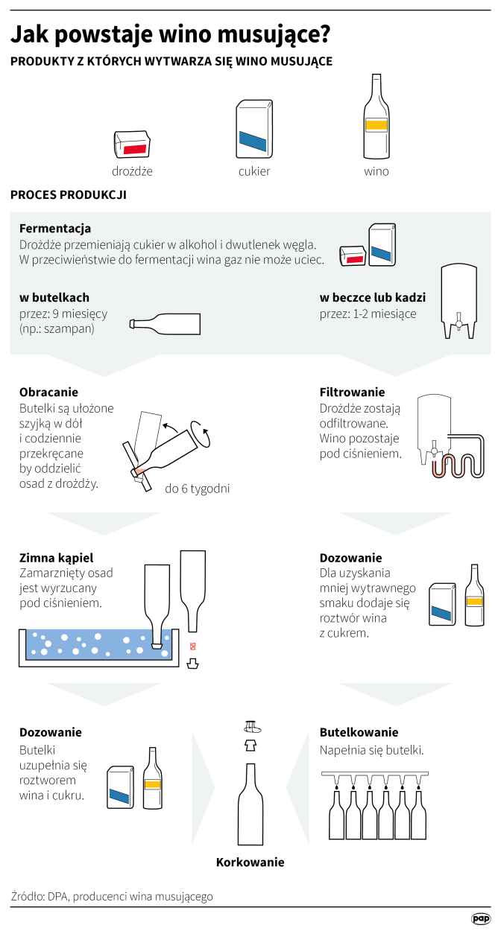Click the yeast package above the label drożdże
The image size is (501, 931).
tap(132, 144)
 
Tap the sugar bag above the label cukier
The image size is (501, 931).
tap(254, 129)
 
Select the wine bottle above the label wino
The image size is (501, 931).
tap(376, 117)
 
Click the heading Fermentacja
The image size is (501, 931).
tap(55, 228)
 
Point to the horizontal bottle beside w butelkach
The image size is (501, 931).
tap(165, 324)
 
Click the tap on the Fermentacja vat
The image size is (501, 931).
tap(459, 322)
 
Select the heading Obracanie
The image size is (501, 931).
tap(48, 392)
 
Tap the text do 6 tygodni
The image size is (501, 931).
tap(198, 489)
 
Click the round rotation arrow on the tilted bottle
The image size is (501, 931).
tap(201, 434)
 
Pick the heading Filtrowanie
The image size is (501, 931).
tap(352, 392)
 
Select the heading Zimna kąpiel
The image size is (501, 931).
tap(56, 558)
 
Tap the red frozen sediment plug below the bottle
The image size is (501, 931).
tap(192, 646)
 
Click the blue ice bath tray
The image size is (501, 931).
tap(99, 645)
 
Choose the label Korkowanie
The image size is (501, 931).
tap(250, 862)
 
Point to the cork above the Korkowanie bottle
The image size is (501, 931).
tap(252, 727)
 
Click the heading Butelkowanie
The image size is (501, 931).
tap(359, 732)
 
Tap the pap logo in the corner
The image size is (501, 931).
tap(481, 918)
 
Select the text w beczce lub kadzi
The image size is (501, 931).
tap(373, 298)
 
